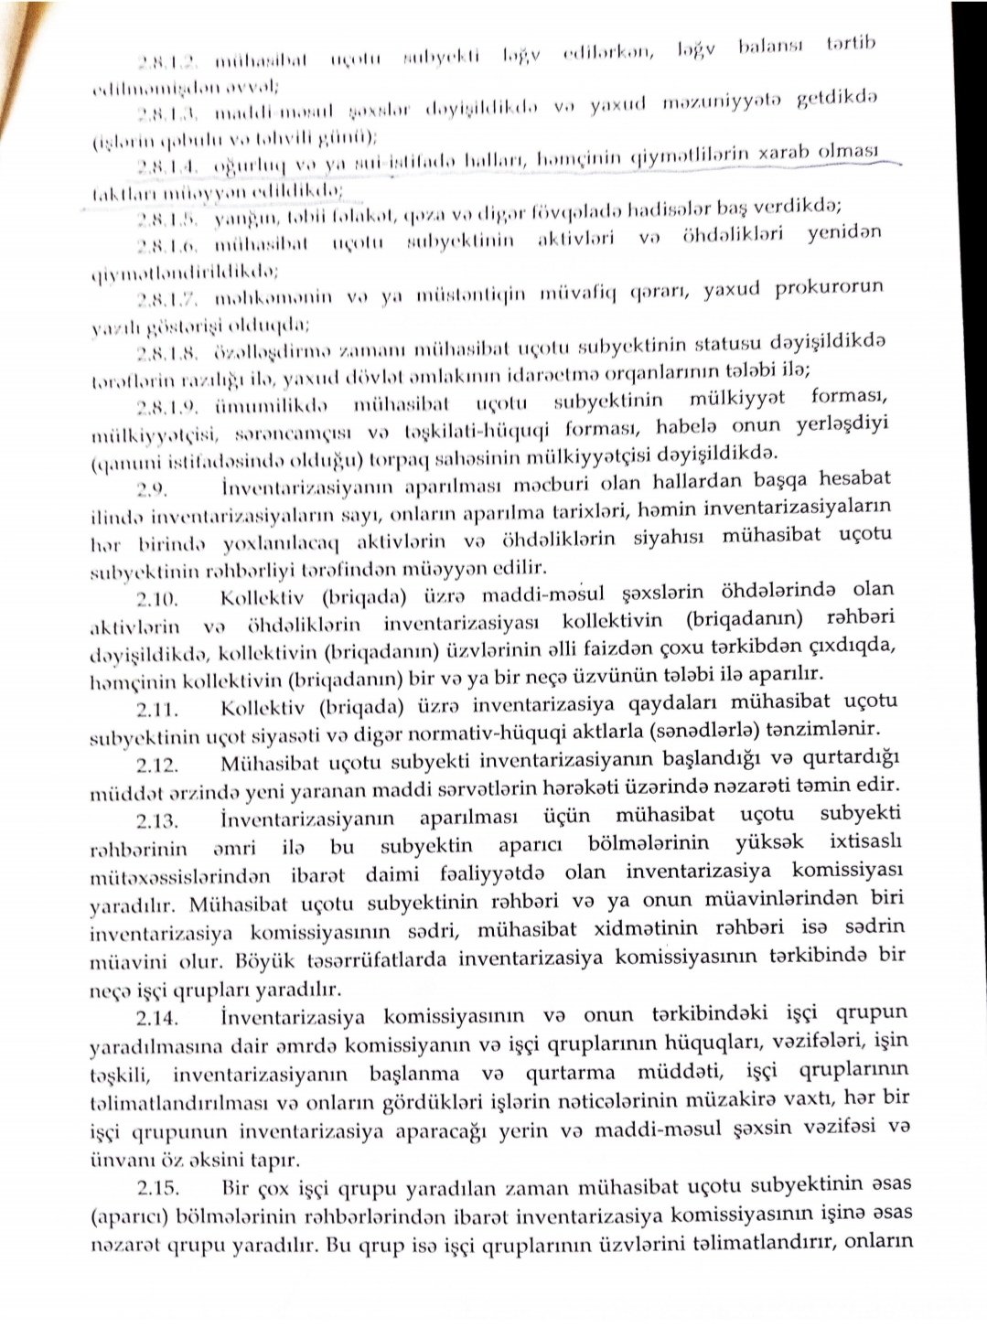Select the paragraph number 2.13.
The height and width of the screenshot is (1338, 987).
pos(159,816)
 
